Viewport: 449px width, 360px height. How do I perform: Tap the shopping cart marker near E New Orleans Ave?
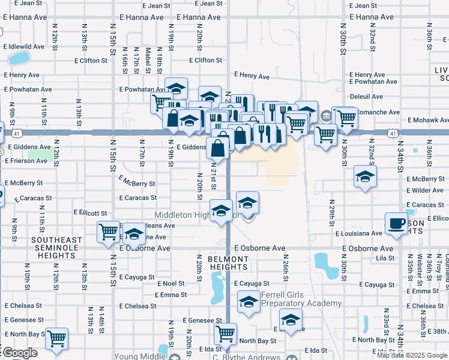108,232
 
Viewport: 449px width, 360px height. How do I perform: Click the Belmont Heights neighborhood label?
228,263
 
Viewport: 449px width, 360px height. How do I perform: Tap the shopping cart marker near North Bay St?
225,334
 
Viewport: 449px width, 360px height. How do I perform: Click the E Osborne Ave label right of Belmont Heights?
260,248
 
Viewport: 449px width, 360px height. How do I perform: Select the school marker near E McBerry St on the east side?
364,176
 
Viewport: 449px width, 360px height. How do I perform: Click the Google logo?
19,353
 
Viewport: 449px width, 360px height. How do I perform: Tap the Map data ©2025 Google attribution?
412,355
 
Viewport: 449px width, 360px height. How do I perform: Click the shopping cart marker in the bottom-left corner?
56,338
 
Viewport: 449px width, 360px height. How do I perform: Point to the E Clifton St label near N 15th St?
90,61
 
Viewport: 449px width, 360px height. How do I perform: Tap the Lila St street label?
384,258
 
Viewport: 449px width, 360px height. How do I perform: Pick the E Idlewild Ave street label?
24,46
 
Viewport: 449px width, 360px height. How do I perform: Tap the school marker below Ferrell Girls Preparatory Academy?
291,322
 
